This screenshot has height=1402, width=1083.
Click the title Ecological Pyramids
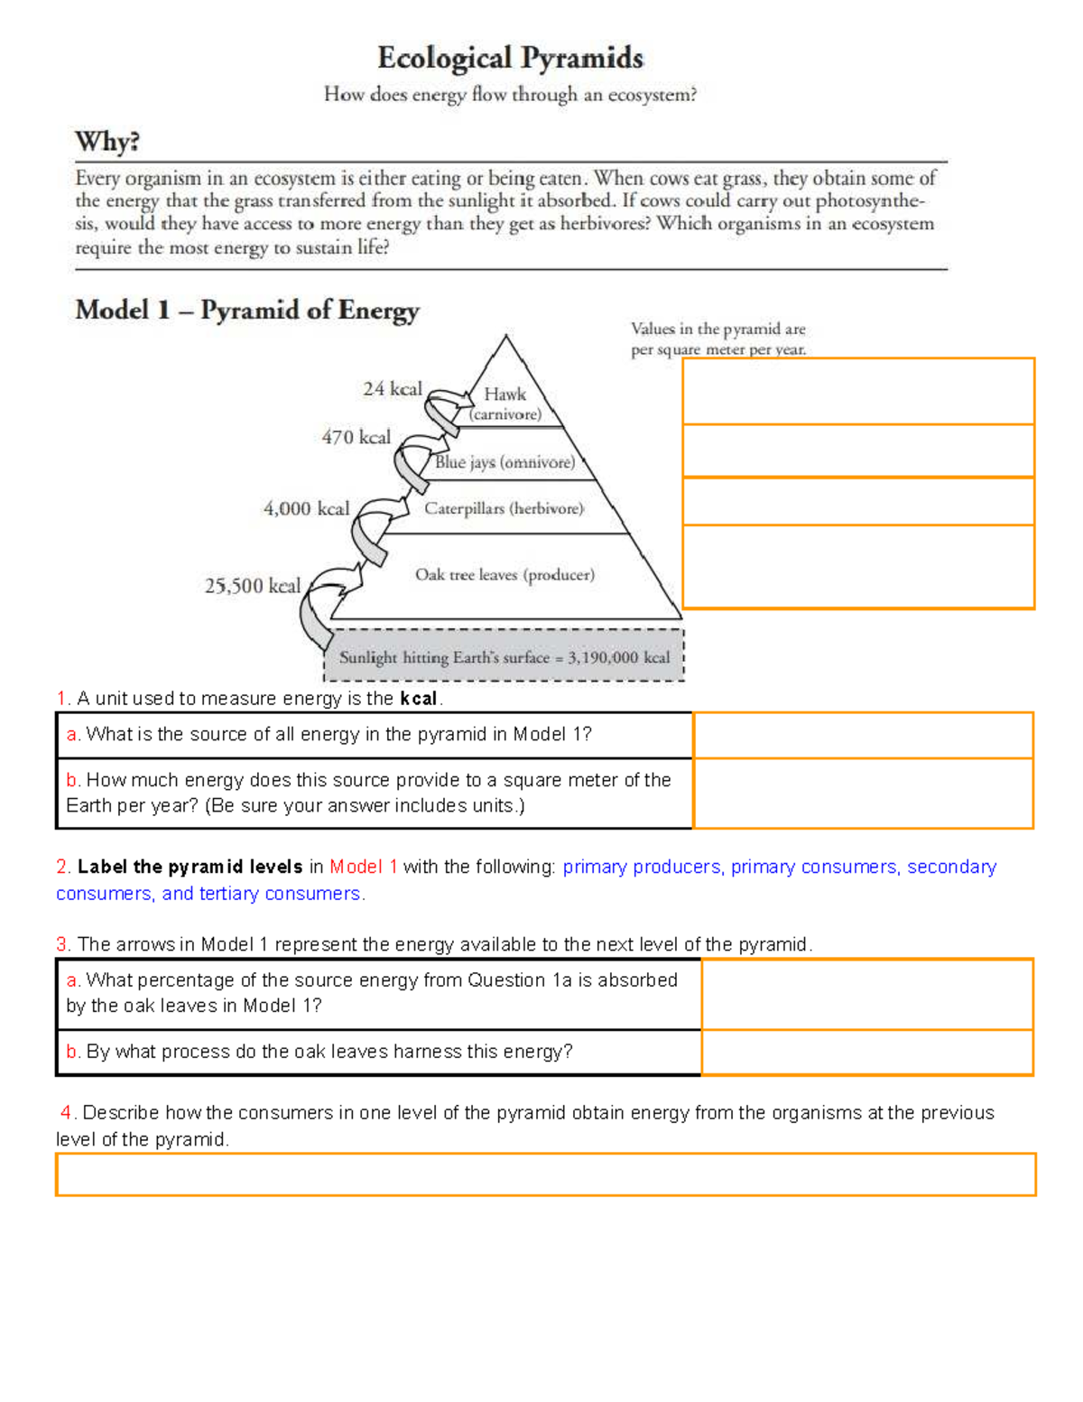click(x=510, y=59)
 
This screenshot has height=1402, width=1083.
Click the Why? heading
click(x=107, y=142)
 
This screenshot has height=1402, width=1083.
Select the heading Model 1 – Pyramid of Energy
click(x=246, y=311)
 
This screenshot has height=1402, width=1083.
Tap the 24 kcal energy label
click(x=392, y=389)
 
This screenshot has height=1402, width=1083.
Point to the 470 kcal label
click(x=356, y=437)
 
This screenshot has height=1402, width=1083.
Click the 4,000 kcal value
click(x=306, y=508)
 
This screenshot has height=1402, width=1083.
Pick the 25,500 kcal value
click(x=252, y=586)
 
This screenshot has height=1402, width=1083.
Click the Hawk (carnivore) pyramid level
click(x=505, y=404)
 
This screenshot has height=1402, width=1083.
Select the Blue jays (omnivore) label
click(x=504, y=462)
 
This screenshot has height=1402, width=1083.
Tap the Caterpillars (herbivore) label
click(x=504, y=508)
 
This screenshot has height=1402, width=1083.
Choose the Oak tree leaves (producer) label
click(x=504, y=575)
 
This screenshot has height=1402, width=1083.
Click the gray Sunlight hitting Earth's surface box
click(x=504, y=657)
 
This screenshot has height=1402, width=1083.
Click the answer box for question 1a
click(x=862, y=735)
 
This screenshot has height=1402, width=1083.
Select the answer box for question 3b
click(x=866, y=1052)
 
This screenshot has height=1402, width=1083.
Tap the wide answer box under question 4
click(x=545, y=1175)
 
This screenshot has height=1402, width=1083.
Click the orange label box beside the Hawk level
click(x=857, y=392)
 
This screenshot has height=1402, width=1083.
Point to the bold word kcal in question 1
click(x=418, y=699)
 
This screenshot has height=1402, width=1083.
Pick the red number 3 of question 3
click(x=62, y=944)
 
